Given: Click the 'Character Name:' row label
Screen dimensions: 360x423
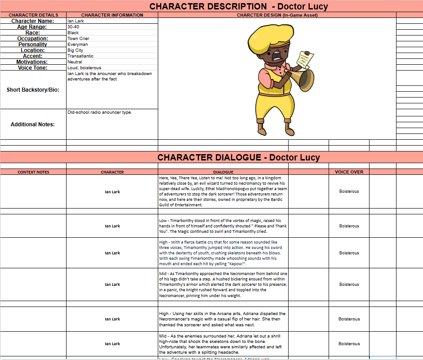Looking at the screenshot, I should [33, 21].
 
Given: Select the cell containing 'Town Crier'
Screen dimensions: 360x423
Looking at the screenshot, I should [78, 39].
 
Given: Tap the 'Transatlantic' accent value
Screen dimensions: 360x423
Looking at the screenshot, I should [80, 56].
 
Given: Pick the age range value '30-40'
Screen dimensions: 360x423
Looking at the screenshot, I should [73, 27].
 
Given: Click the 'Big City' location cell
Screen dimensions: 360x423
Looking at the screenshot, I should [75, 50].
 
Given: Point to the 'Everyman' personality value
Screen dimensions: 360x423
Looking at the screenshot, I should [78, 44].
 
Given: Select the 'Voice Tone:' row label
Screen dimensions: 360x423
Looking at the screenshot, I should [33, 68].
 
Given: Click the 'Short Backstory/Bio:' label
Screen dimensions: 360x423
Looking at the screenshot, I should [33, 90].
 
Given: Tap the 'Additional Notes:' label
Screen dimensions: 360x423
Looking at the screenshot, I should [33, 124].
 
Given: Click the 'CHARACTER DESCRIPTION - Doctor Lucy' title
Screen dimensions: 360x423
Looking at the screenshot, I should [238, 6].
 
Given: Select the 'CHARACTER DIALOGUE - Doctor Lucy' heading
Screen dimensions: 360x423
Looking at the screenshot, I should [238, 157].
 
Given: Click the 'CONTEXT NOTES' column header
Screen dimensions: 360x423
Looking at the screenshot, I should [33, 172].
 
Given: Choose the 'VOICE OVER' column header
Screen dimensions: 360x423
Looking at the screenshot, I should [349, 172].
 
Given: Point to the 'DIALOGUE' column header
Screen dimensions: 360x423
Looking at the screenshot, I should [223, 172].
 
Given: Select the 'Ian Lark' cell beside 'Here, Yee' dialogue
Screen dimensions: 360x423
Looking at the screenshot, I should [112, 192].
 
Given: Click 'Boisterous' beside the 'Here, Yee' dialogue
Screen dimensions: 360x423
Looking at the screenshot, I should [349, 191].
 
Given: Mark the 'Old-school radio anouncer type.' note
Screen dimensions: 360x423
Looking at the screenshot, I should [99, 112].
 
